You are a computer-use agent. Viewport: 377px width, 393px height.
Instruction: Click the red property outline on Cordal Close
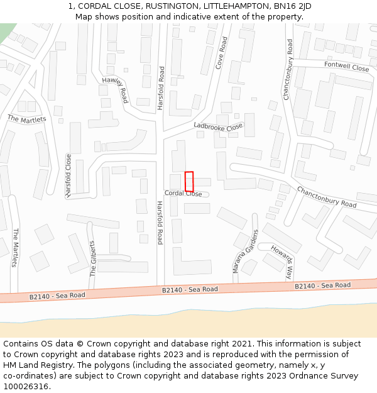point(189,181)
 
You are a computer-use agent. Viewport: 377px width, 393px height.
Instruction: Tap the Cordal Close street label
point(183,194)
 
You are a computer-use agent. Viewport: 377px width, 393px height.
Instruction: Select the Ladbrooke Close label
point(218,126)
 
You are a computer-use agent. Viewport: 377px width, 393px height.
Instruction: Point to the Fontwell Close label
point(347,67)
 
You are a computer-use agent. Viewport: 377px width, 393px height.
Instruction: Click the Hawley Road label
point(115,91)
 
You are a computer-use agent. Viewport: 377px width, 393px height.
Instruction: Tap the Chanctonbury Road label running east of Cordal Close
point(326,197)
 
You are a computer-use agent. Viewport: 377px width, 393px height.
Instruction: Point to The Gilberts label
point(92,258)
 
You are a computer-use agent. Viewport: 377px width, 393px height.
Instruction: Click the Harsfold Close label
point(68,176)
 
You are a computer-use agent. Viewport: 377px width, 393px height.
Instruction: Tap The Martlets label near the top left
point(26,118)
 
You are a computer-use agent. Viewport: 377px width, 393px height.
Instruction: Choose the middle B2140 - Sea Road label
point(190,289)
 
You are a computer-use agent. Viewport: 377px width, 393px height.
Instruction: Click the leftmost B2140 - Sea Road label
point(57,296)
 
